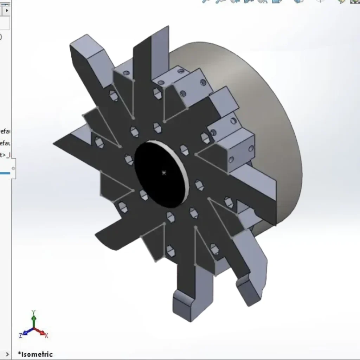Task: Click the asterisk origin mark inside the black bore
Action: point(163,173)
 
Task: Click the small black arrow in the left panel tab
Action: point(7,10)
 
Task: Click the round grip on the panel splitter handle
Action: point(13,168)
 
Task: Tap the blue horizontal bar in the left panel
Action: point(5,173)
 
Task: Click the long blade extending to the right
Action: point(253,197)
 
